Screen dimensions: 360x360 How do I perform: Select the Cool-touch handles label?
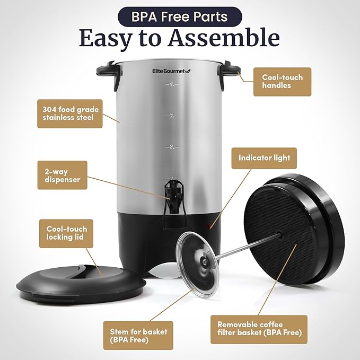(282, 81)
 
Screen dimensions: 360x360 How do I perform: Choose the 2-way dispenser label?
(62, 175)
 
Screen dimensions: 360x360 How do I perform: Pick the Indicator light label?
(264, 158)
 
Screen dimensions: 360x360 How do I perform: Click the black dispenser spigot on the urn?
(172, 194)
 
